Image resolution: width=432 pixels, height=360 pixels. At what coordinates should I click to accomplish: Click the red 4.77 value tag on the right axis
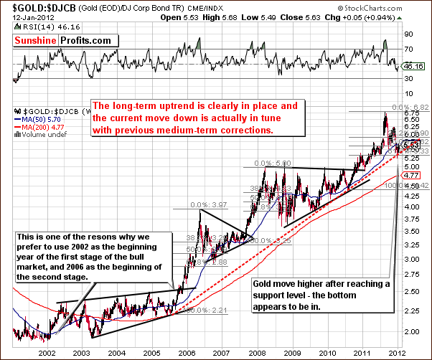click(x=411, y=174)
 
